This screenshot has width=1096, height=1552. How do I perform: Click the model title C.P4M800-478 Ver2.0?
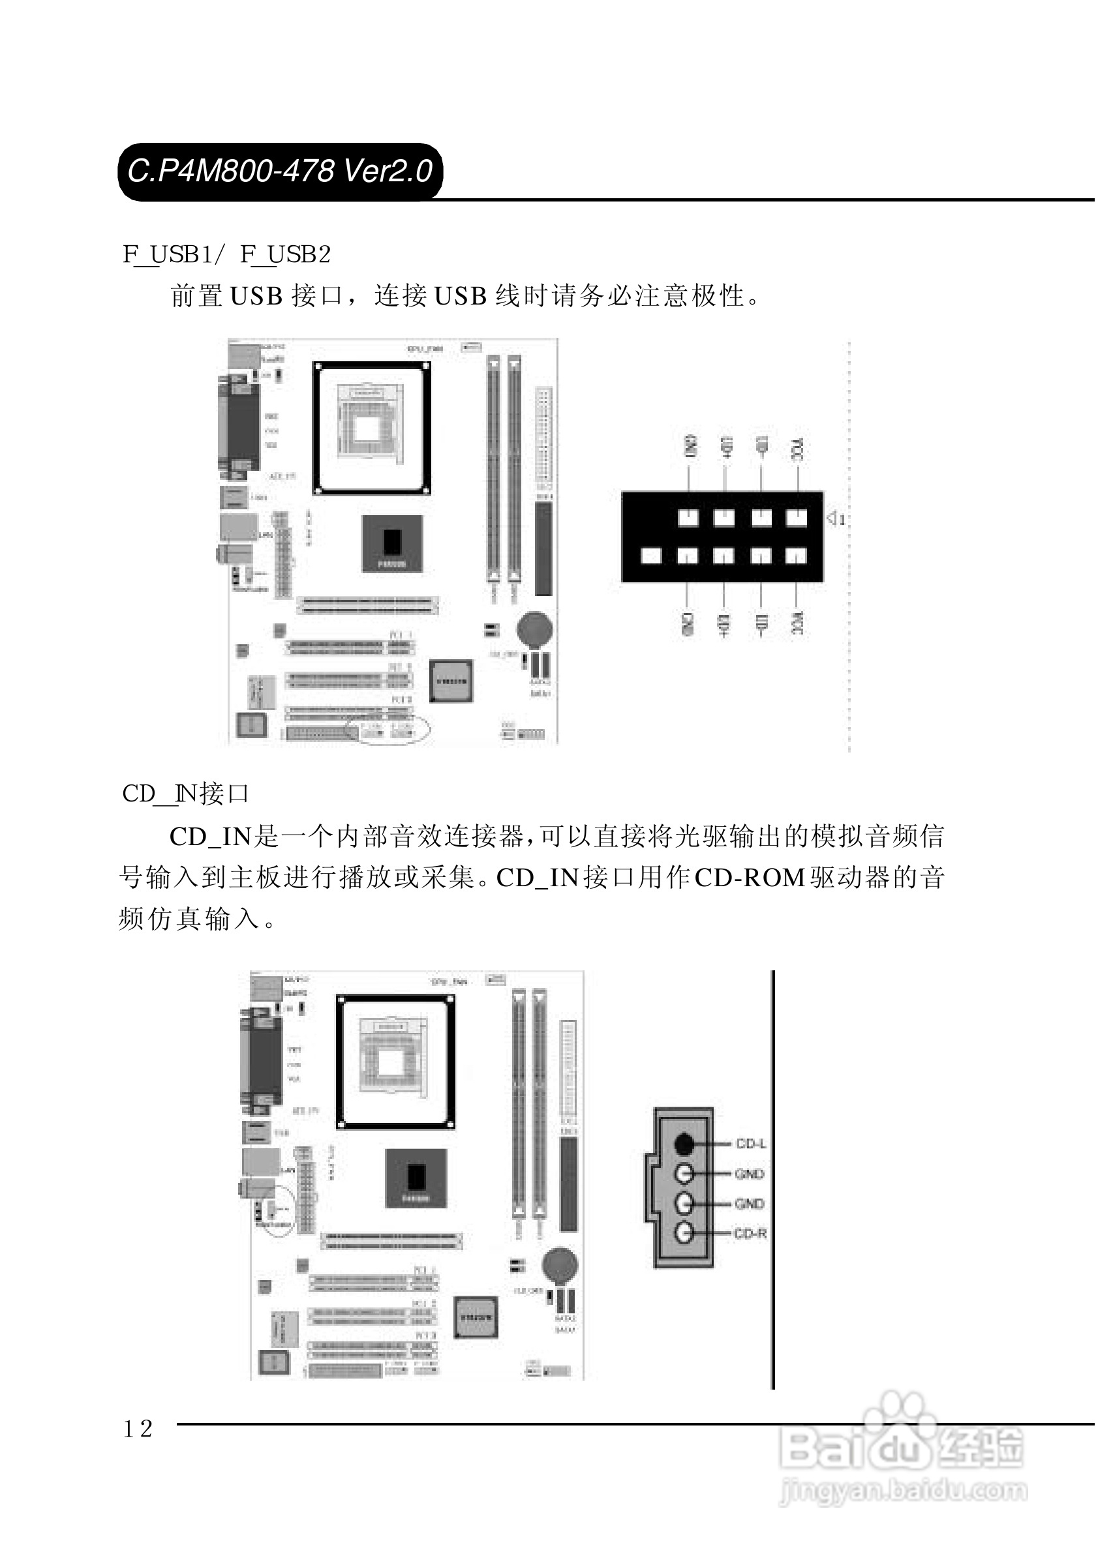280,171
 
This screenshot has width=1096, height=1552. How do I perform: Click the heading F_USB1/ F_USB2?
226,254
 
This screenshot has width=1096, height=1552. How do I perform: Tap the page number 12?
138,1428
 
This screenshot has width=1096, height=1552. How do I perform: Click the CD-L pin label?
750,1144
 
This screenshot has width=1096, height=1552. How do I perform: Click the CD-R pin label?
750,1234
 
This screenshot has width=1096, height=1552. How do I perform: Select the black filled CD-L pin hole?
684,1144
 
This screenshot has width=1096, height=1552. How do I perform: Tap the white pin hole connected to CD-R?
684,1234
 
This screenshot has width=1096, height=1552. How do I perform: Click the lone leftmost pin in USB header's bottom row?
650,556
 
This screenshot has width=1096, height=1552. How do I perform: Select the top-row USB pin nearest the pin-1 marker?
797,518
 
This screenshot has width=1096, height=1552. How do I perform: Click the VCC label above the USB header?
797,450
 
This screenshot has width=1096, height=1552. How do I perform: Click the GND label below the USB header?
687,623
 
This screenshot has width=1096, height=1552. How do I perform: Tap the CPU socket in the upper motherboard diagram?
371,428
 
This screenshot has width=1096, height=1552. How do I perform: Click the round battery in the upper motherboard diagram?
535,629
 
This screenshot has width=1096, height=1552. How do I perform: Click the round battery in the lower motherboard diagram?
560,1264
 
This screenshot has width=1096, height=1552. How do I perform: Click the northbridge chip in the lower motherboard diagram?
416,1178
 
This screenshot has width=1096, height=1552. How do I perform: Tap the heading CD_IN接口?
185,794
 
